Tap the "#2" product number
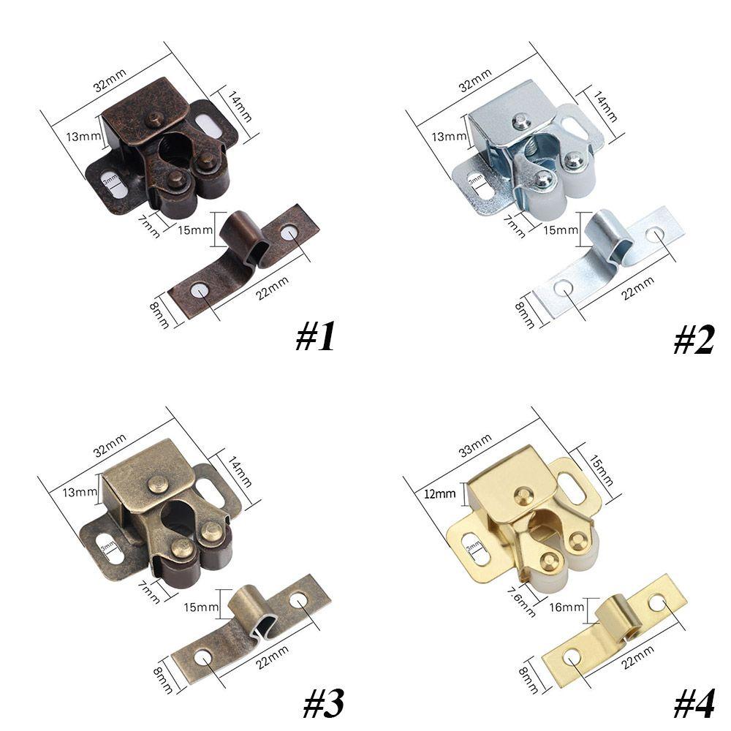[693, 338]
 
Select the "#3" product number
[322, 702]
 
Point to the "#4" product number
[693, 702]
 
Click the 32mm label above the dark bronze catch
[110, 77]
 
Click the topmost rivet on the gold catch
[523, 495]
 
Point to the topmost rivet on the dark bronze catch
[154, 118]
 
